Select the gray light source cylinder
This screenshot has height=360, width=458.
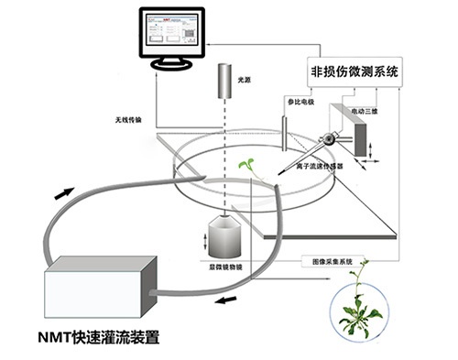[x=225, y=85]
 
